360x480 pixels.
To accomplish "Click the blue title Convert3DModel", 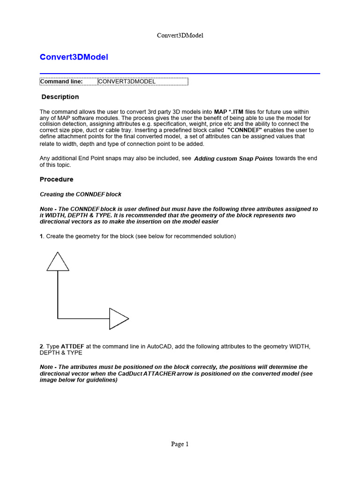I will tap(74, 57).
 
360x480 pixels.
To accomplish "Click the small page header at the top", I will tap(180, 36).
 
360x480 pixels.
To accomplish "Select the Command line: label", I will tap(61, 82).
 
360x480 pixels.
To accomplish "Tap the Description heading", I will tap(60, 97).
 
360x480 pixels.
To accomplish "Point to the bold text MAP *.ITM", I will tap(229, 112).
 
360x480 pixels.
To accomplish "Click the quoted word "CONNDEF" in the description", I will tap(244, 130).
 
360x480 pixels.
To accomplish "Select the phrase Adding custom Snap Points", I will tap(233, 159).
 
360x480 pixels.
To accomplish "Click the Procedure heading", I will tap(57, 180).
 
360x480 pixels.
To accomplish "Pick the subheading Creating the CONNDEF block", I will tap(81, 194).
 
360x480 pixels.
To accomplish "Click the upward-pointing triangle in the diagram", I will tap(58, 262).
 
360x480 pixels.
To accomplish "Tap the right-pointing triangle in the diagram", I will tap(118, 319).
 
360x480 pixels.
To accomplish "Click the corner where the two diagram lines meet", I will tap(58, 319).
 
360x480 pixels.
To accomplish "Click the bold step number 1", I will tap(41, 237).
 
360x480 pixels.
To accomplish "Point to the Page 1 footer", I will tap(180, 444).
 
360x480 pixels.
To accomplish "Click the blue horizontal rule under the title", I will tap(180, 74).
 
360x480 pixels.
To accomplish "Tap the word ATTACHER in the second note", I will tap(160, 374).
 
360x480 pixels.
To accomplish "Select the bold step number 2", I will tap(41, 346).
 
